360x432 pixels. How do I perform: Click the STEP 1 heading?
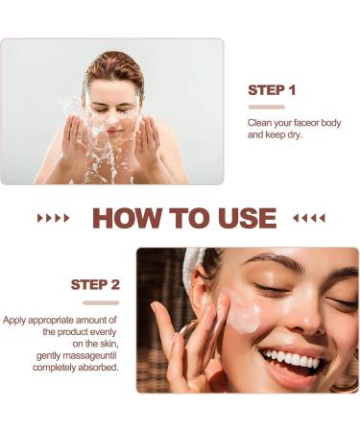click(x=272, y=90)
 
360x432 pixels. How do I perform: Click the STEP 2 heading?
click(x=95, y=285)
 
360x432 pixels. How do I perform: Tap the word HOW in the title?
click(x=128, y=218)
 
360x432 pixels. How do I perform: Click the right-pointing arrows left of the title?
click(x=53, y=218)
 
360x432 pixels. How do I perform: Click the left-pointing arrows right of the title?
click(x=308, y=218)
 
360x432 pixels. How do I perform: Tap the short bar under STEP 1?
click(x=266, y=107)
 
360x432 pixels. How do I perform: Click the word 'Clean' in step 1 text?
click(x=262, y=123)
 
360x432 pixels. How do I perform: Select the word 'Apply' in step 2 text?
click(x=18, y=320)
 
